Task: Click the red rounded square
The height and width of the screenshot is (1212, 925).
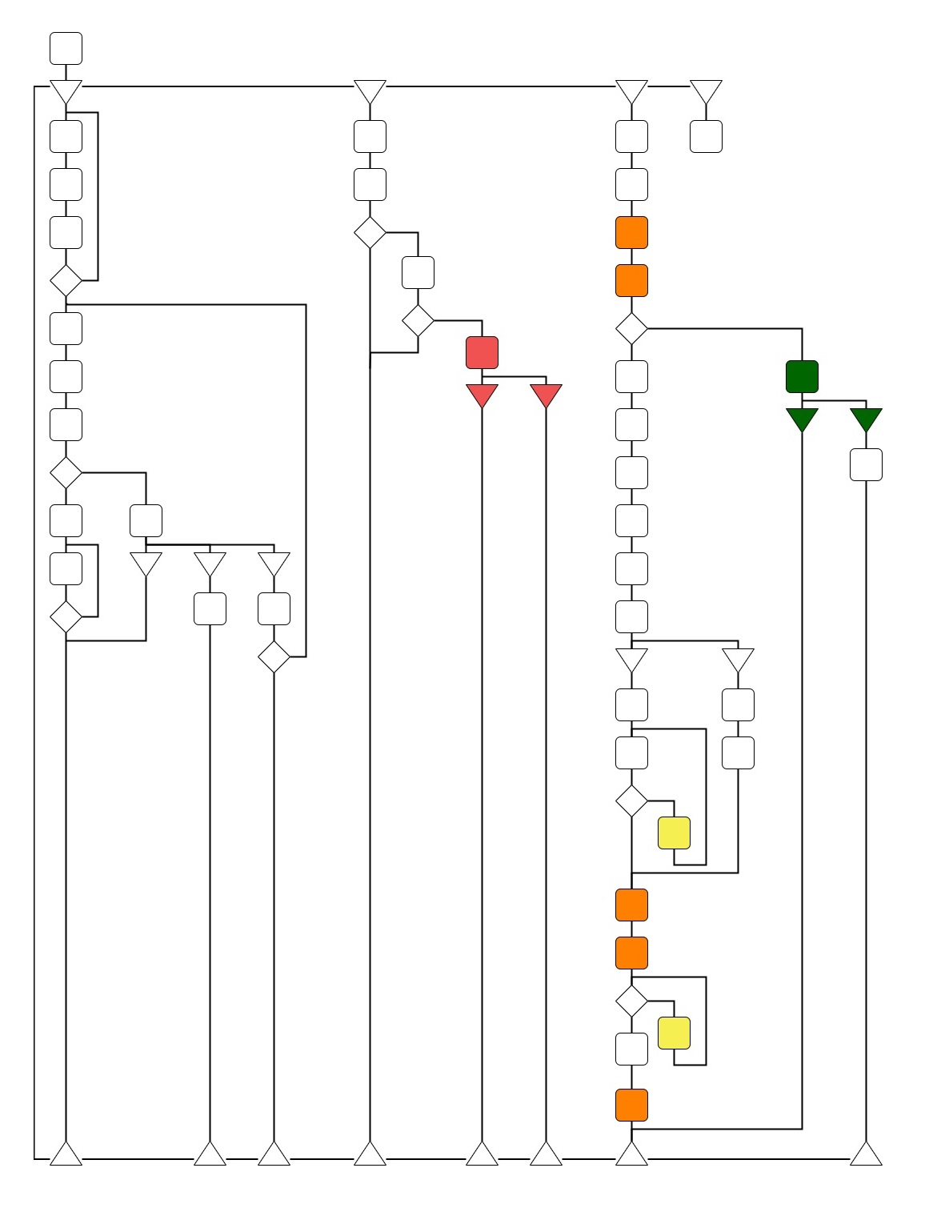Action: coord(482,352)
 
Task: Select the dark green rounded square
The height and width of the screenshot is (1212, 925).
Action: coord(802,376)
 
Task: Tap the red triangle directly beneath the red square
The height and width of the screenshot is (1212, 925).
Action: coord(482,395)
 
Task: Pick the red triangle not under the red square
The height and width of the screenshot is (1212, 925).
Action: coord(546,395)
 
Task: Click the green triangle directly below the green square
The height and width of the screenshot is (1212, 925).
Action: coord(802,419)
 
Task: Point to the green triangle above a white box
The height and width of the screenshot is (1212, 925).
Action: coord(866,419)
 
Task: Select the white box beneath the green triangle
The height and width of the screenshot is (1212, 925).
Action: coord(866,464)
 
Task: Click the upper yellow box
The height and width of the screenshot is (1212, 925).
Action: coord(674,833)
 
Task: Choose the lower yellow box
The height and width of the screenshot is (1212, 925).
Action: coord(674,1033)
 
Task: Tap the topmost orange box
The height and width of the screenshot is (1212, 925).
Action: coord(631,232)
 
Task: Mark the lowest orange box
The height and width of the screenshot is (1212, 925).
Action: coord(631,1105)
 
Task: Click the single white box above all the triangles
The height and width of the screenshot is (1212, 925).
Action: coord(66,48)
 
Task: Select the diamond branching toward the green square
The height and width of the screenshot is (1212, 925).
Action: coord(631,328)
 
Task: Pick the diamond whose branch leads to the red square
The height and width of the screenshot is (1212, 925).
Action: coord(418,320)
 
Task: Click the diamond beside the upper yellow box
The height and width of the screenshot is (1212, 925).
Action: coord(631,801)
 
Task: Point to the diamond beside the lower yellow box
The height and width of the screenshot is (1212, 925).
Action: coord(631,1001)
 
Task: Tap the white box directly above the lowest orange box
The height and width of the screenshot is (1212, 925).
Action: coord(631,1049)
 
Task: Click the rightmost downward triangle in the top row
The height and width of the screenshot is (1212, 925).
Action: coord(706,90)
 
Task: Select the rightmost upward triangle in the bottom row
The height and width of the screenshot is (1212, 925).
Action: coord(866,1154)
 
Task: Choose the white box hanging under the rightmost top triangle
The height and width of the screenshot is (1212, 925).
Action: coord(706,136)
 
